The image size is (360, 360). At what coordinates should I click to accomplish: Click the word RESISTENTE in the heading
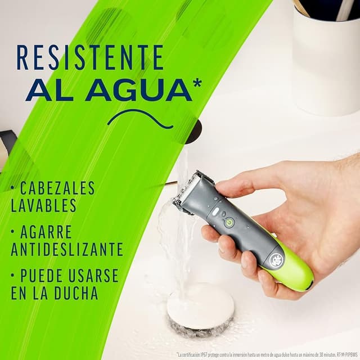tap(90, 57)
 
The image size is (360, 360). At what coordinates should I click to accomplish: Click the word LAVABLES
tap(43, 205)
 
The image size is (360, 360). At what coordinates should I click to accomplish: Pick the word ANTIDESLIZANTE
tap(67, 249)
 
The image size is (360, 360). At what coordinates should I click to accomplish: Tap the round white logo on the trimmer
tap(277, 260)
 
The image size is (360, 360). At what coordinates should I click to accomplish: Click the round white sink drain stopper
tap(200, 307)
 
